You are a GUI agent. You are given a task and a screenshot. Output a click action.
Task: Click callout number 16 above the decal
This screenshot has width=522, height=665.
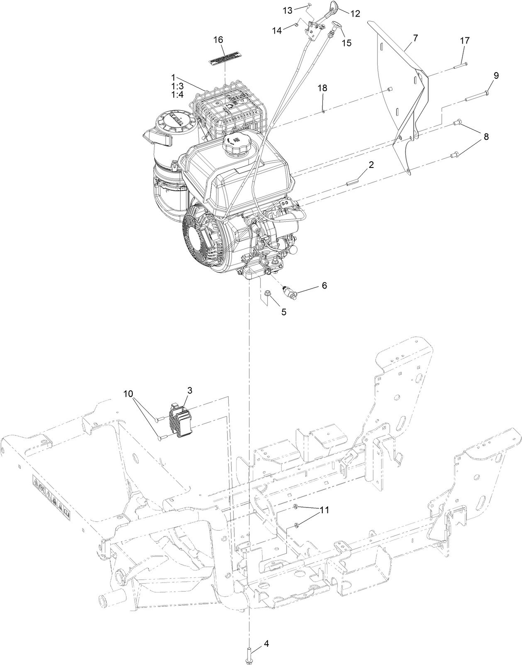click(218, 40)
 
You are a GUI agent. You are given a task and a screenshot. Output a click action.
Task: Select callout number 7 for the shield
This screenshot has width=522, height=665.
click(415, 38)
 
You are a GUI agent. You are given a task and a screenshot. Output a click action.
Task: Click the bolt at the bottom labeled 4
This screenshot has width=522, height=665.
click(250, 651)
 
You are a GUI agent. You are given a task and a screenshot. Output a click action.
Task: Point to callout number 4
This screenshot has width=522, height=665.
click(266, 644)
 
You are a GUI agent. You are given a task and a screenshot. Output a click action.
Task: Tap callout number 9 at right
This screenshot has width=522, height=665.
click(496, 75)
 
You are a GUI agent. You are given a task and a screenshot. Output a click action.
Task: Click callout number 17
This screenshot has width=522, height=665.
click(465, 41)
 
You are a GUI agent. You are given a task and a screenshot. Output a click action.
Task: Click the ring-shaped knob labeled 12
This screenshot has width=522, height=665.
click(334, 7)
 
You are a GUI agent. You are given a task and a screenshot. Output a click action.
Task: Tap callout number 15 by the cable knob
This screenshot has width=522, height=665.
click(346, 43)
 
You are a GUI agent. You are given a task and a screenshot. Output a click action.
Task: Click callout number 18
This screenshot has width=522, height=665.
click(322, 88)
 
